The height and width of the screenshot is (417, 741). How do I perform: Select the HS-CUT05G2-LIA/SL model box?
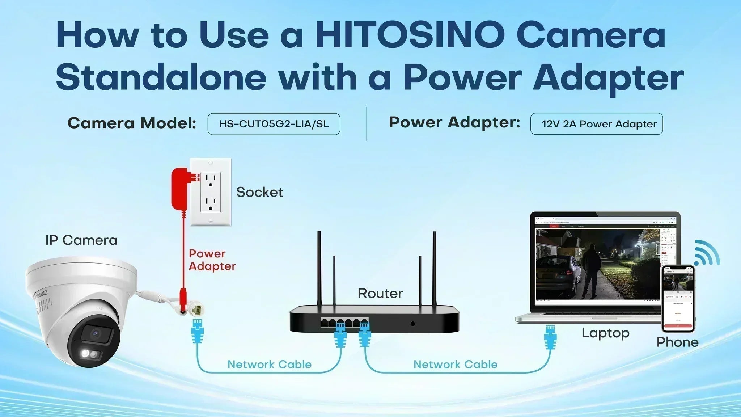coord(274,124)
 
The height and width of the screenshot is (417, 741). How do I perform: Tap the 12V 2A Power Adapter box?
coord(596,124)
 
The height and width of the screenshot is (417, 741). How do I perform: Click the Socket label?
coord(259,192)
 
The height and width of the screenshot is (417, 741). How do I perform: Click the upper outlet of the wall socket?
coord(211,180)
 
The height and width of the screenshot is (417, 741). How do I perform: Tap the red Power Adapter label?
coord(212,260)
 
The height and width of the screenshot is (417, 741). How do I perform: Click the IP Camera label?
coord(81,240)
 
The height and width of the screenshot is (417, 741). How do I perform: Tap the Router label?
coord(380,294)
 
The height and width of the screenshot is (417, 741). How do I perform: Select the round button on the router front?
coord(413,324)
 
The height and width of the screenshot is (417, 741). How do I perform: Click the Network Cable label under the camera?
coord(269,365)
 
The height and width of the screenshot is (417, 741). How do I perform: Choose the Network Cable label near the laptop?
coord(455,365)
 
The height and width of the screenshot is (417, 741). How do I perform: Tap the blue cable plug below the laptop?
coord(550,337)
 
